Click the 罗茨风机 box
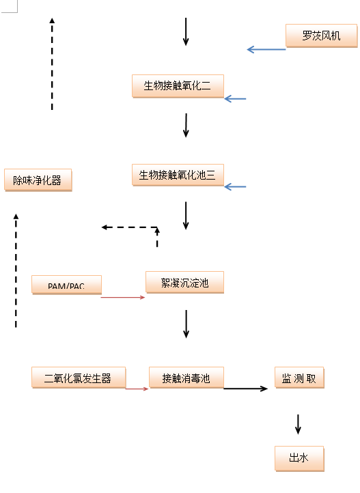[x=321, y=36]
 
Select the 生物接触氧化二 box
[x=178, y=86]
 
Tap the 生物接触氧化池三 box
[x=178, y=175]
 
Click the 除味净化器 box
[x=38, y=180]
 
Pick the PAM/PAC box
[x=67, y=285]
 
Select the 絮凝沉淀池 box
[x=185, y=282]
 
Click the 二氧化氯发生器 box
[x=79, y=378]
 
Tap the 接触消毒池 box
[x=186, y=378]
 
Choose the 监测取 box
[x=299, y=378]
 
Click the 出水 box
[x=299, y=458]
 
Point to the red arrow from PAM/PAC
[x=123, y=297]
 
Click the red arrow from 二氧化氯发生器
[x=137, y=389]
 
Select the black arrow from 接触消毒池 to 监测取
[x=245, y=389]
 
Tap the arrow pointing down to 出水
[x=298, y=425]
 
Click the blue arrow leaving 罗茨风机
[x=266, y=49]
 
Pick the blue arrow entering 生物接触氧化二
[x=235, y=99]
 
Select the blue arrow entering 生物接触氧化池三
[x=235, y=187]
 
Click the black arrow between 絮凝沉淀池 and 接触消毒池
[x=186, y=324]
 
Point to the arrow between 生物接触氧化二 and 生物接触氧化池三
[x=186, y=126]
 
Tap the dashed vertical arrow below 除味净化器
[x=16, y=270]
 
